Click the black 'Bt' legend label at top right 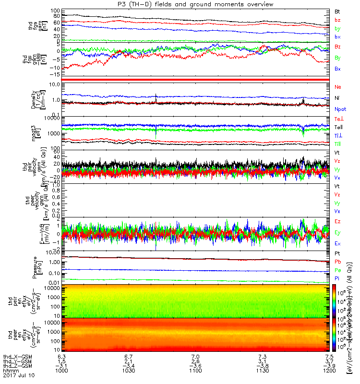pyautogui.click(x=337, y=11)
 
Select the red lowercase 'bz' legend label pyautogui.click(x=338, y=20)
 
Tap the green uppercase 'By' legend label pyautogui.click(x=338, y=58)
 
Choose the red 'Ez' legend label pyautogui.click(x=338, y=222)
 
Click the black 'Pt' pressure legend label pyautogui.click(x=337, y=253)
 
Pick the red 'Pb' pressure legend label pyautogui.click(x=338, y=262)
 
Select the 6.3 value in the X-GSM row pyautogui.click(x=61, y=356)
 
